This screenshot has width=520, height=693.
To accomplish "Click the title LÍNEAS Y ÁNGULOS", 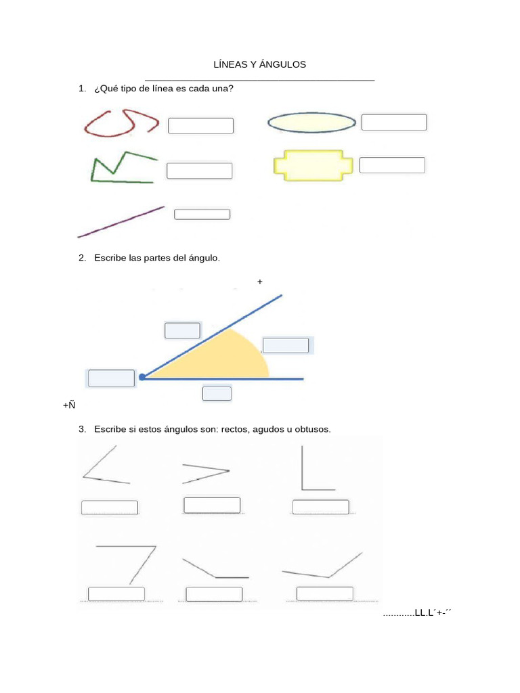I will [260, 64].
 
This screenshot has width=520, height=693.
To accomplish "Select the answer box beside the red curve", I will [200, 126].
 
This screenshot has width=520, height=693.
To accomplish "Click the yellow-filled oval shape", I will [312, 122].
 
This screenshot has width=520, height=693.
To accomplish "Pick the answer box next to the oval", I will [394, 122].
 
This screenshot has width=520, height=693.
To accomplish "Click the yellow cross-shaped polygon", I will [313, 165].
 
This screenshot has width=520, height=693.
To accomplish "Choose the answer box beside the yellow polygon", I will [392, 165].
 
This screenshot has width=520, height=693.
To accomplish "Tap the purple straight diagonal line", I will [122, 221].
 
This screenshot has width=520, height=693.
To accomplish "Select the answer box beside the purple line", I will [202, 215].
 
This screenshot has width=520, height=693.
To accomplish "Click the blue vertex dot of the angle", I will [142, 377].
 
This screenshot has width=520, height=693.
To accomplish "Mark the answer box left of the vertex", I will [111, 378].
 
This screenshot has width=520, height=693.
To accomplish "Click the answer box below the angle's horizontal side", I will [217, 393].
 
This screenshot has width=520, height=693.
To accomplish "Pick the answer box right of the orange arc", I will [286, 345].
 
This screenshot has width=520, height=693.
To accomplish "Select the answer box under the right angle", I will [321, 507].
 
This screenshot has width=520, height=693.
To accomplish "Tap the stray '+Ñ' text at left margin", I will [68, 405].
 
